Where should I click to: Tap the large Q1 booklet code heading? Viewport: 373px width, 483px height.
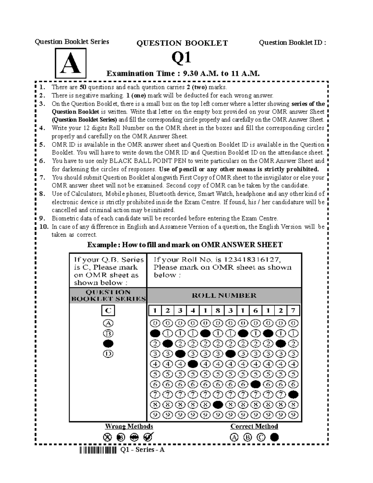[182, 58]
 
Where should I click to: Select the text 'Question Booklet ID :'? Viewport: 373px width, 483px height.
[292, 42]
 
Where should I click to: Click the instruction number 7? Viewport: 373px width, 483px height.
[43, 178]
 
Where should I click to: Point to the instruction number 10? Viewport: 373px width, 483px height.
[44, 227]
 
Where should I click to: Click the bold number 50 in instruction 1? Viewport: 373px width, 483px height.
[83, 87]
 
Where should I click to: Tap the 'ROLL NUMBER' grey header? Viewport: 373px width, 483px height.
[224, 295]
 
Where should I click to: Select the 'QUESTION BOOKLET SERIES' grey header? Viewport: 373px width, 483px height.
[108, 295]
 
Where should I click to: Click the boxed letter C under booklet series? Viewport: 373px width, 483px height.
[108, 310]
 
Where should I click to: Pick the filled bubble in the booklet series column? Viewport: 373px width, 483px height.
[108, 344]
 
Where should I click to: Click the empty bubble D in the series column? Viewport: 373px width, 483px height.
[108, 354]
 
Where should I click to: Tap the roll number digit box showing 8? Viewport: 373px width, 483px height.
[218, 310]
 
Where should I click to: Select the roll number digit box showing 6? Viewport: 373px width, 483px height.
[256, 310]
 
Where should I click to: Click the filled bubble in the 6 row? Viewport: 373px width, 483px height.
[256, 384]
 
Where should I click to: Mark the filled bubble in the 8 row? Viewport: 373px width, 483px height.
[218, 405]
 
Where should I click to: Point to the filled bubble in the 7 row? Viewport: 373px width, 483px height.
[293, 395]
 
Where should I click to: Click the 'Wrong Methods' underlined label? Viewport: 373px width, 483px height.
[129, 426]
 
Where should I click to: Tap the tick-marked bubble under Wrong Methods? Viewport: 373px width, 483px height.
[148, 437]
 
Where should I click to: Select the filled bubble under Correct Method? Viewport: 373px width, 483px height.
[274, 437]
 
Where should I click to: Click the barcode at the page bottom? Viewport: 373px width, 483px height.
[98, 450]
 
